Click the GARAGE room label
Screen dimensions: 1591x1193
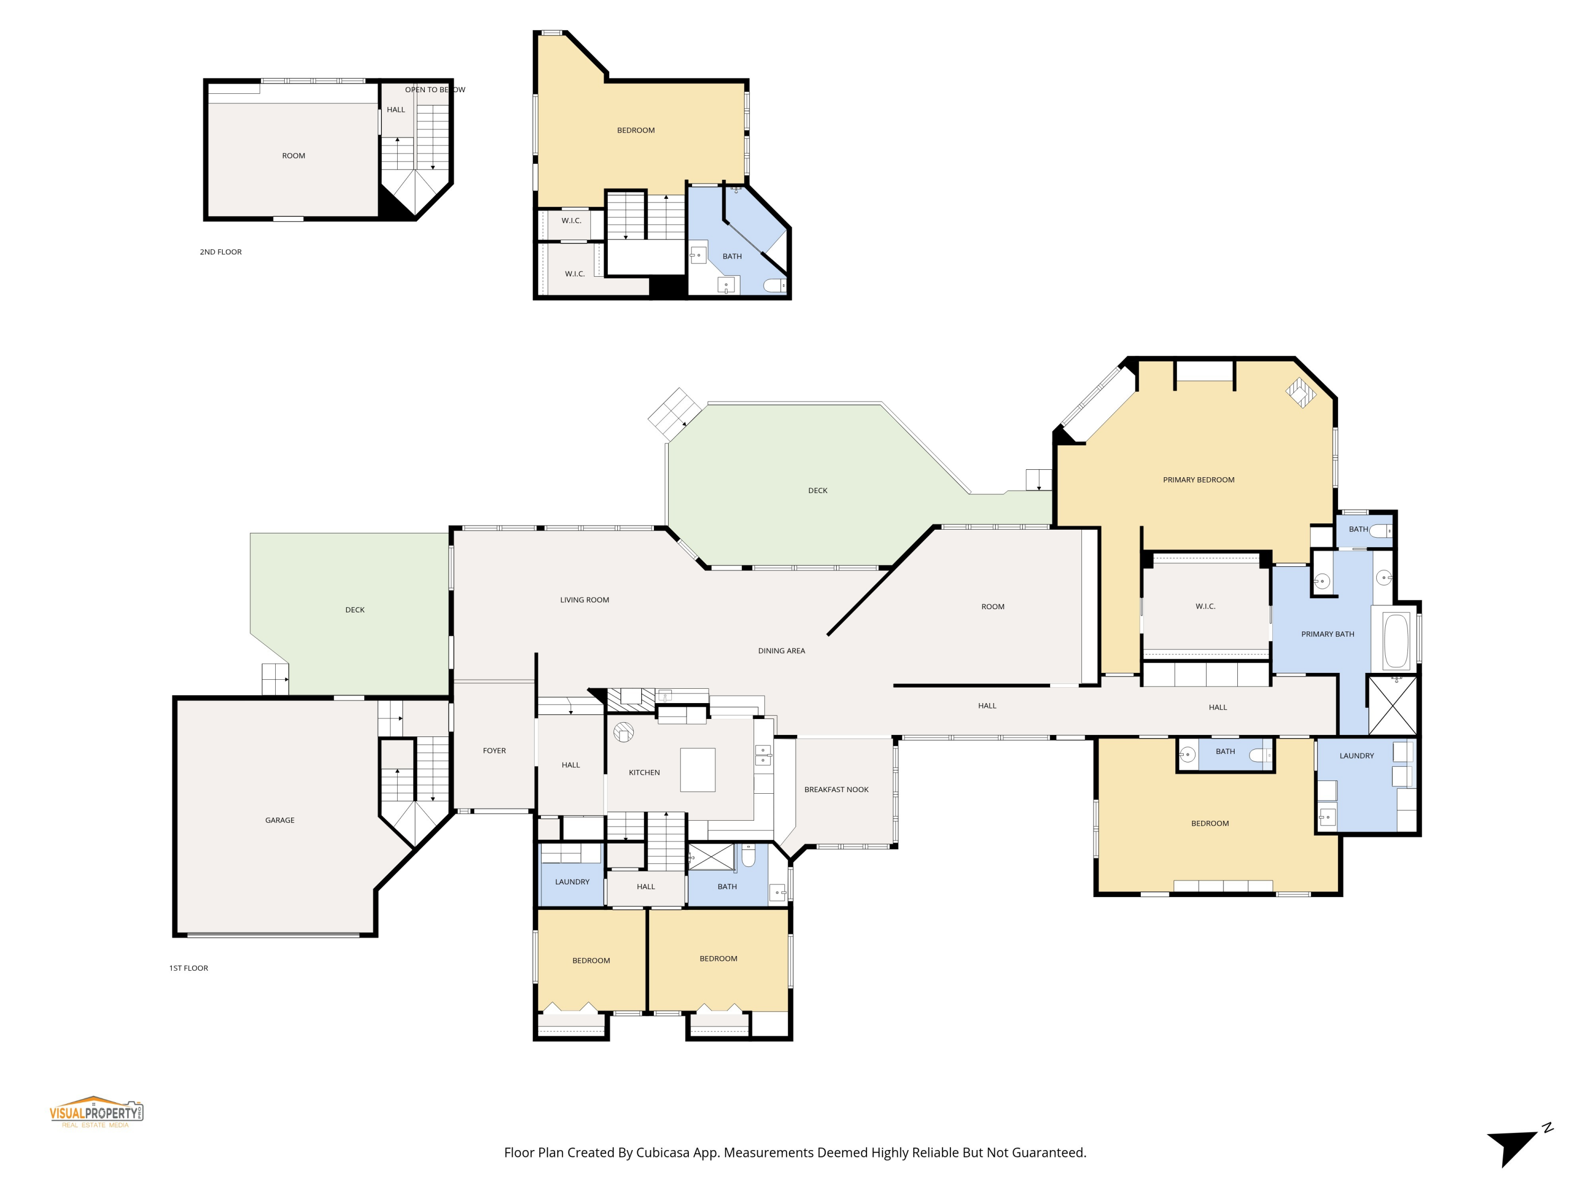(x=280, y=820)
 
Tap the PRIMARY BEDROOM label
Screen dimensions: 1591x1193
(x=1198, y=480)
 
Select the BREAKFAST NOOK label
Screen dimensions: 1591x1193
(x=836, y=790)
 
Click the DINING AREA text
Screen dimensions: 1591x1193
(x=781, y=651)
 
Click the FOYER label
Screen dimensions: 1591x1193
(x=494, y=751)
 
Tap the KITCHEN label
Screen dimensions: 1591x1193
(x=644, y=773)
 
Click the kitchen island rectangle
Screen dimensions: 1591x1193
(x=698, y=769)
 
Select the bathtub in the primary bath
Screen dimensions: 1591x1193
(x=1396, y=641)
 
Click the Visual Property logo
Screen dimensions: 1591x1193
(x=97, y=1112)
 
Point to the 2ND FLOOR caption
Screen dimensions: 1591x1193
(x=220, y=252)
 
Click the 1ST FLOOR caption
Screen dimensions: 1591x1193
(x=188, y=968)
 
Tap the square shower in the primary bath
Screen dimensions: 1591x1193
(x=1393, y=705)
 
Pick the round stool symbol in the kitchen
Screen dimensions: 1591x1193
(x=623, y=732)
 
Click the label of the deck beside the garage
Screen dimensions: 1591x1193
(x=355, y=610)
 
